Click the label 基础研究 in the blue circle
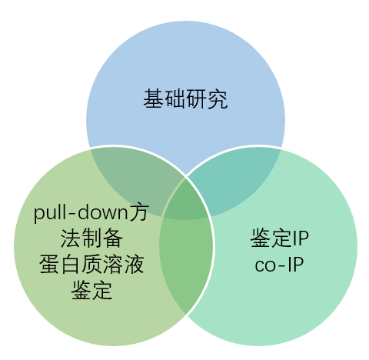(x=185, y=99)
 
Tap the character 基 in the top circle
(x=154, y=99)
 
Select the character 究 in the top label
(x=218, y=99)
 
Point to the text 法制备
(x=91, y=238)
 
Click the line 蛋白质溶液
(x=91, y=264)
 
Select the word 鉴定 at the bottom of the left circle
(x=91, y=290)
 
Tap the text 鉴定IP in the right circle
(x=280, y=238)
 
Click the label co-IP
(x=279, y=265)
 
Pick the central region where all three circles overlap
(x=185, y=201)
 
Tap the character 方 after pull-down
(x=138, y=213)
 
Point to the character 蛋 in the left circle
(x=49, y=264)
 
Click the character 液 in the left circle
(x=134, y=264)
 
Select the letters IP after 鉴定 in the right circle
(x=301, y=238)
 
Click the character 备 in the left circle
(x=112, y=238)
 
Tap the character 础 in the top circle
(x=175, y=99)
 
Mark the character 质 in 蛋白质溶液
(x=91, y=264)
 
